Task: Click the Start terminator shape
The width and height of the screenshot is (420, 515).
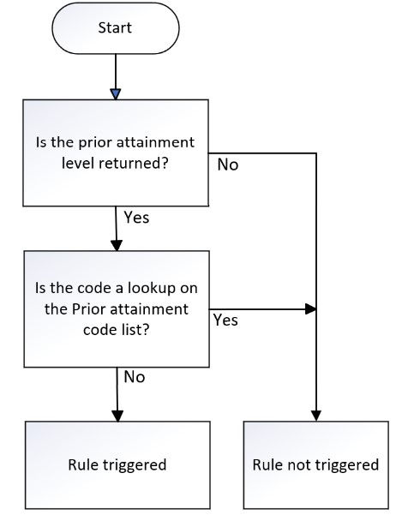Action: coord(116,28)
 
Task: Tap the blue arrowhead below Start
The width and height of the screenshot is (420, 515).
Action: coord(116,94)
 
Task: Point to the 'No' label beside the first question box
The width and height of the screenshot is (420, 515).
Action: coord(228,165)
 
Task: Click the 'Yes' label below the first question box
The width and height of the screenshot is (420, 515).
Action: coord(136,218)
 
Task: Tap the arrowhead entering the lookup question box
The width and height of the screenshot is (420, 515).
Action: coord(117,246)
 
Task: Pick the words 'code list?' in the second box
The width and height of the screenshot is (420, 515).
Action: coord(117,329)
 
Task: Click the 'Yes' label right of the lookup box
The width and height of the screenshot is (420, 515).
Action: coord(225,320)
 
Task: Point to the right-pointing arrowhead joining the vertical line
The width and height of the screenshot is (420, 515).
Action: coord(310,309)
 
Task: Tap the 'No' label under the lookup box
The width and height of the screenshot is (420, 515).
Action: coord(135,377)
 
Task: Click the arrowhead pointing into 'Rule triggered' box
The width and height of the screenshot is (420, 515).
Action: coord(117,416)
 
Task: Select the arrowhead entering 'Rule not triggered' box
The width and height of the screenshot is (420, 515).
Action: coord(316,416)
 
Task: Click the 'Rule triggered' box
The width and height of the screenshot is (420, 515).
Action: coord(117,465)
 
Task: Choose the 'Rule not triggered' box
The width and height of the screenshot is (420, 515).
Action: coord(315,465)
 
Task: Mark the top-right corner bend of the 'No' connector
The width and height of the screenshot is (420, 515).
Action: coord(316,153)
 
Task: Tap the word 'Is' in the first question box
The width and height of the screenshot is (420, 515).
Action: coord(41,142)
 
